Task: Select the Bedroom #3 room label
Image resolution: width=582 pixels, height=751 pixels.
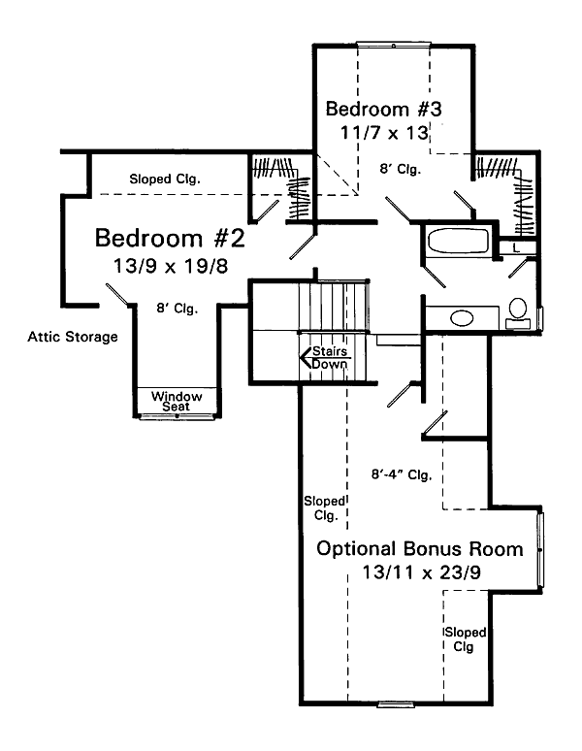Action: pyautogui.click(x=384, y=109)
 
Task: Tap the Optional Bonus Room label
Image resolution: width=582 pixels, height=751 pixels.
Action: pyautogui.click(x=420, y=548)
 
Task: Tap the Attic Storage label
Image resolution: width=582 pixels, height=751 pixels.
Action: pyautogui.click(x=73, y=337)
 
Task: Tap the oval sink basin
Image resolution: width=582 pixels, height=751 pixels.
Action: pyautogui.click(x=462, y=317)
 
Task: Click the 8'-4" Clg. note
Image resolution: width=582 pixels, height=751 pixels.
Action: pyautogui.click(x=401, y=475)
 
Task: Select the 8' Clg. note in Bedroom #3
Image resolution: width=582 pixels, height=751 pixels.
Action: pyautogui.click(x=400, y=169)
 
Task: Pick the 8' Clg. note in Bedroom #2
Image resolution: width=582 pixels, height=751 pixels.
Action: pyautogui.click(x=177, y=309)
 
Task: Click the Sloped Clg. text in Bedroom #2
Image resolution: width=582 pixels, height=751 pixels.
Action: pyautogui.click(x=165, y=179)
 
